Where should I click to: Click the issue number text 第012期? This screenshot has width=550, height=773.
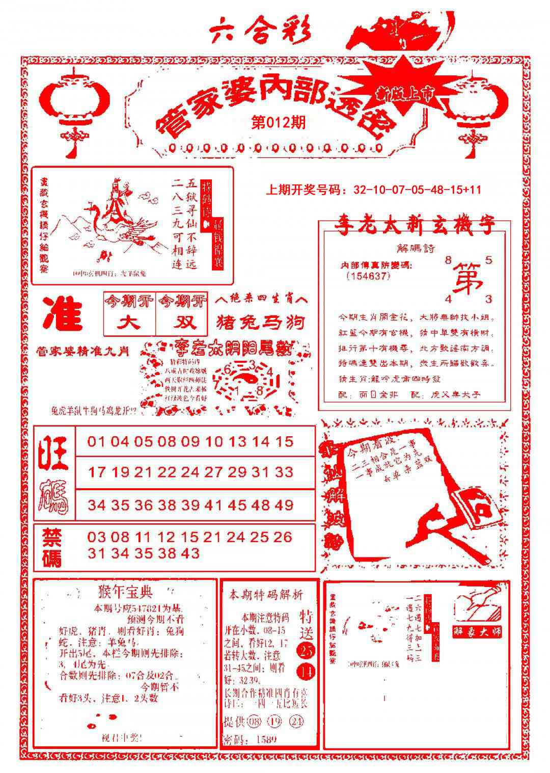[x=278, y=123]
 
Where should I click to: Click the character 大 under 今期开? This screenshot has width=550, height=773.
[x=129, y=323]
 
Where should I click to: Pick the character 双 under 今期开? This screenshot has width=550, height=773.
[x=182, y=323]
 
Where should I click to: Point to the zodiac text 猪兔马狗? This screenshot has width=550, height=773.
[x=261, y=322]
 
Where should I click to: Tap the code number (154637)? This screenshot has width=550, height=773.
[x=367, y=276]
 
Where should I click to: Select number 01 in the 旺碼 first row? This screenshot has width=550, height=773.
[x=96, y=441]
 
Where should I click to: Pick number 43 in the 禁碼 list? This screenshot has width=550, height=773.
[x=189, y=553]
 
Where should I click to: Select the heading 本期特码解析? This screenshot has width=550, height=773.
[x=265, y=594]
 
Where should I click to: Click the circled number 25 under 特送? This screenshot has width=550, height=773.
[x=307, y=651]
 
